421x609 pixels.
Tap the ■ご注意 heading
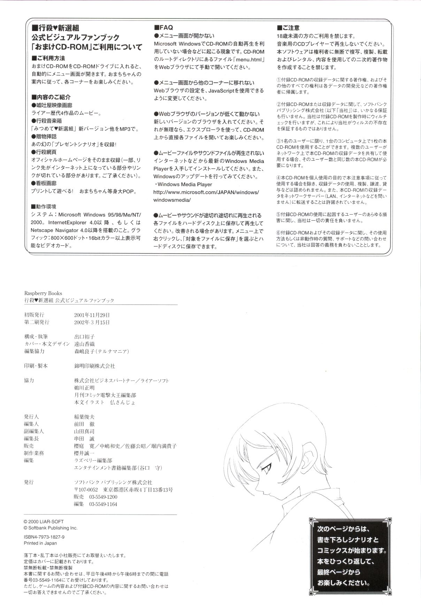pos(288,28)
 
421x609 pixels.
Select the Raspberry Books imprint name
pos(43,293)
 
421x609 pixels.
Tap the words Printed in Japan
pos(40,543)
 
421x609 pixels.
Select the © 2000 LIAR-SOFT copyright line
pos(44,522)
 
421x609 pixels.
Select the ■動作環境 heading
pos(44,206)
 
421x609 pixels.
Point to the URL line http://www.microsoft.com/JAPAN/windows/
pos(206,192)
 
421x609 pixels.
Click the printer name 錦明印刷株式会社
pos(92,366)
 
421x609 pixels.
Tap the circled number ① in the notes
pos(278,79)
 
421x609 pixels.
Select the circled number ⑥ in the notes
pos(278,233)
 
